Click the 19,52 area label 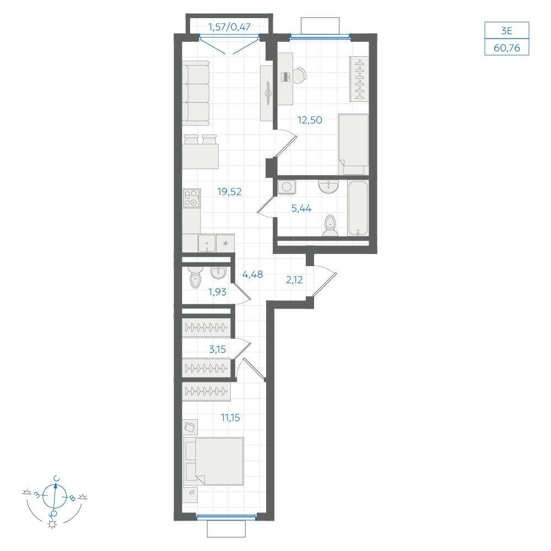229,192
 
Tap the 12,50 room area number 310,120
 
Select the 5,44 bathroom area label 301,208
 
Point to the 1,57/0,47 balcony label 229,26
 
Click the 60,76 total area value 507,48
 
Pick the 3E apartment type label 506,31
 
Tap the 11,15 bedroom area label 230,418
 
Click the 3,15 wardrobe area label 217,349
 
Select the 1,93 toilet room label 217,291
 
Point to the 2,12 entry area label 294,280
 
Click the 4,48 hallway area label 252,274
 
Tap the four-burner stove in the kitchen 192,198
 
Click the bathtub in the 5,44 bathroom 358,208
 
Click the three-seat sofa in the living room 196,93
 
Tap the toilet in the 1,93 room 196,278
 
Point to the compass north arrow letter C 56,479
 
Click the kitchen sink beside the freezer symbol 207,243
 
